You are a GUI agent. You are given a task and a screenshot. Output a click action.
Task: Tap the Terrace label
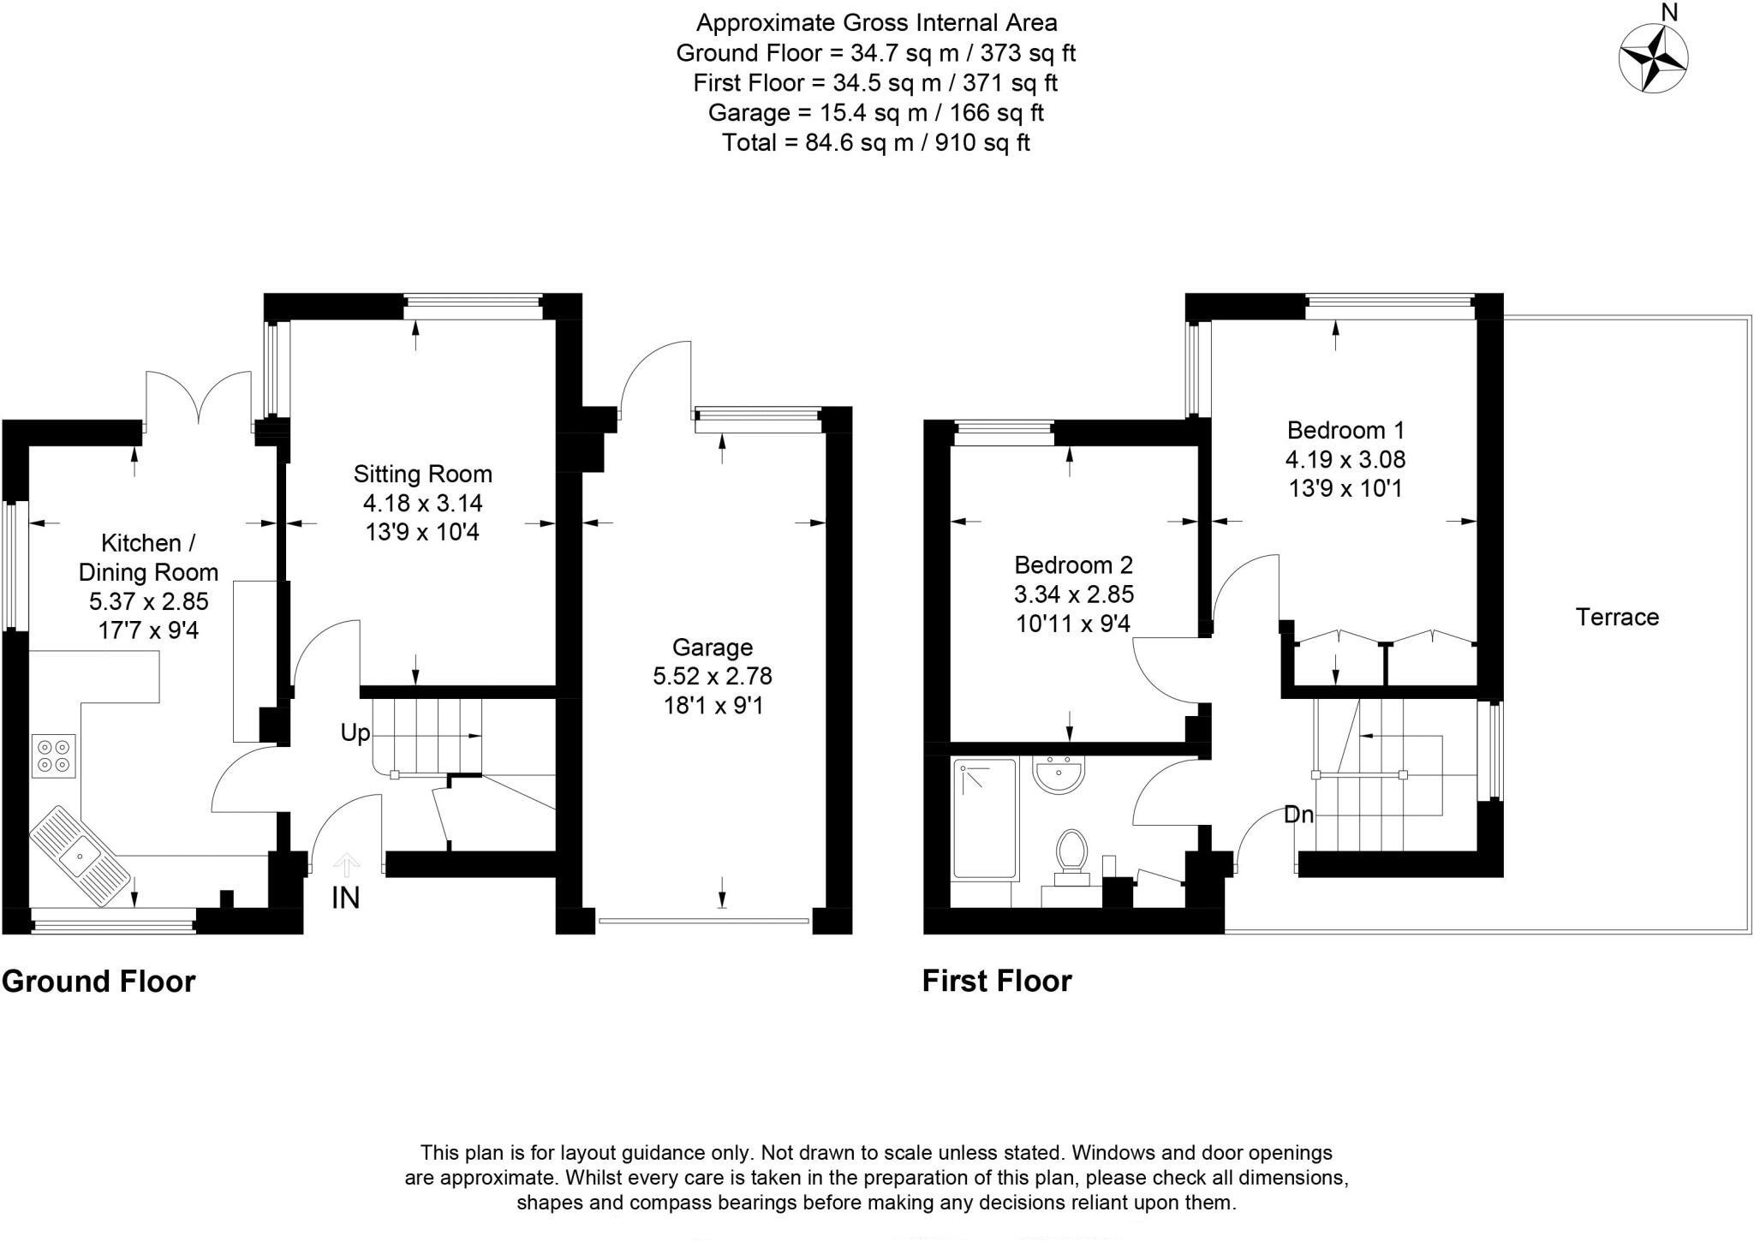click(1617, 617)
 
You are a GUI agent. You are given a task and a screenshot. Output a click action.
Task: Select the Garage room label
click(712, 648)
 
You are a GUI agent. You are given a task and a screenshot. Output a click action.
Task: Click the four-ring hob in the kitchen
click(54, 755)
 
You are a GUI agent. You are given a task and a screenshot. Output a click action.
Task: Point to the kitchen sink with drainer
click(80, 855)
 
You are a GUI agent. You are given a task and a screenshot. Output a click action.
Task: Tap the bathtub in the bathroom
click(985, 819)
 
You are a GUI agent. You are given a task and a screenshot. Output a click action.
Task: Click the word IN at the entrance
click(346, 898)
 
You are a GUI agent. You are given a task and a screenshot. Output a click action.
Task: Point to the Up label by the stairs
click(355, 732)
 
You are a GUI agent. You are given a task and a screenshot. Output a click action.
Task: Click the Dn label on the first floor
click(1298, 815)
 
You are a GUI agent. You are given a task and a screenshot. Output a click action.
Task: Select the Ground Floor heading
click(98, 981)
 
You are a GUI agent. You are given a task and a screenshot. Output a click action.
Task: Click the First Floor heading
click(997, 981)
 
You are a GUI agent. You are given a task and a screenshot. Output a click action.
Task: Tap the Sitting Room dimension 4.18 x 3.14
click(423, 503)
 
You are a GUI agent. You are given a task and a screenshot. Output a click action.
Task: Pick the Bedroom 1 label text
click(1345, 430)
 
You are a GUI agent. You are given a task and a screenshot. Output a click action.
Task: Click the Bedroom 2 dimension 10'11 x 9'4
click(1073, 623)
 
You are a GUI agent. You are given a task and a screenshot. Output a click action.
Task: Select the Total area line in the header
click(876, 142)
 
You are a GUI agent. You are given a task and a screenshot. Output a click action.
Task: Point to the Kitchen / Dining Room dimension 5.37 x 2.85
click(149, 601)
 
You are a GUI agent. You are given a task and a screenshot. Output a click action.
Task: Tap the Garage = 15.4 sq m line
click(876, 112)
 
